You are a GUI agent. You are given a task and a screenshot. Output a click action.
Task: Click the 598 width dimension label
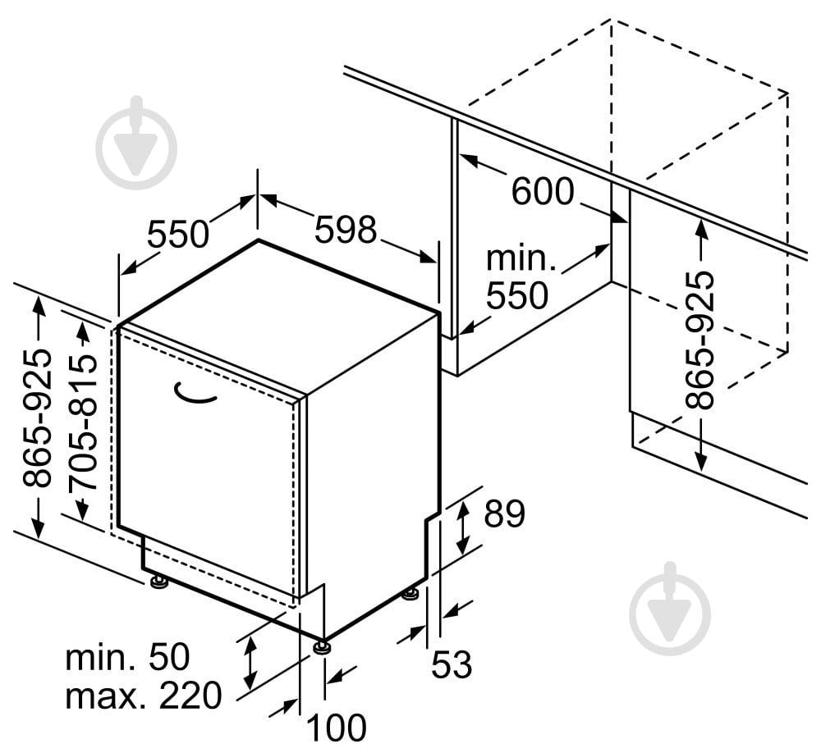346,229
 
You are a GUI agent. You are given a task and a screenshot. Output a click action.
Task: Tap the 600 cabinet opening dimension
543,191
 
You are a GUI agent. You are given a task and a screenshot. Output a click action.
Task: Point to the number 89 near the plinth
504,513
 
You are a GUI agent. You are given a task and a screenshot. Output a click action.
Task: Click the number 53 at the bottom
452,664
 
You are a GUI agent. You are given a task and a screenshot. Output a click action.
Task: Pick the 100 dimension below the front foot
336,728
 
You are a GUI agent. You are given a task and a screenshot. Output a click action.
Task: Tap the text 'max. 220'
144,696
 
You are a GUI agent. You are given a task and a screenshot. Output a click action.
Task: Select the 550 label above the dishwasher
178,234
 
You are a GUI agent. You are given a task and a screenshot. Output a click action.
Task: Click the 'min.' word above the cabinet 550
521,258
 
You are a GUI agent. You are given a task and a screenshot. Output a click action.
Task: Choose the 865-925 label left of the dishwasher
37,418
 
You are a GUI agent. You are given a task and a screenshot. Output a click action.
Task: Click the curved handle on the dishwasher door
195,394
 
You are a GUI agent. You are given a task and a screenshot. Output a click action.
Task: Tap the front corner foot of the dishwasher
321,647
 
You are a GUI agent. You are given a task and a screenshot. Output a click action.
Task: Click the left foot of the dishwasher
158,582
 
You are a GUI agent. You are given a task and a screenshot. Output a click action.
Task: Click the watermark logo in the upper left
136,143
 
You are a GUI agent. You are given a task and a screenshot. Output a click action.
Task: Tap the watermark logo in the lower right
670,609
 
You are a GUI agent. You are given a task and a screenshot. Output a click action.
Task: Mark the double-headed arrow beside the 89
461,527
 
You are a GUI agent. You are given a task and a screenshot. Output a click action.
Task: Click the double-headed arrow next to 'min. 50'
250,664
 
